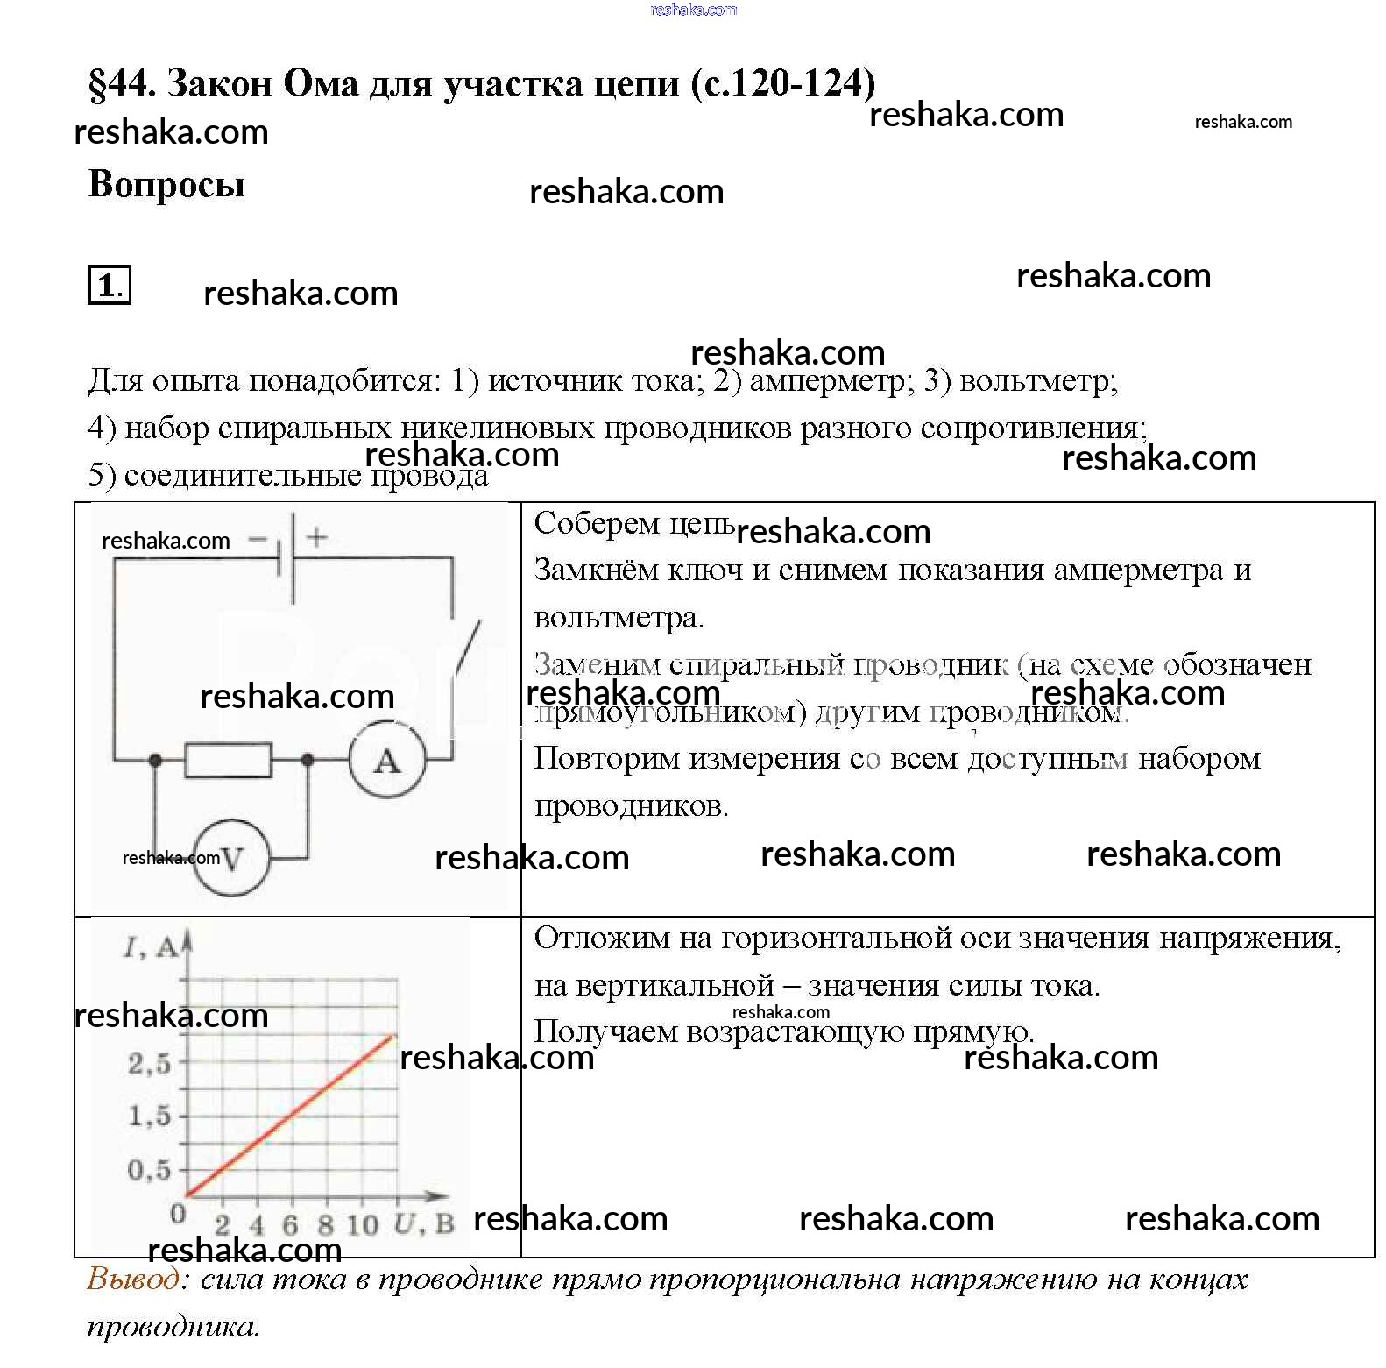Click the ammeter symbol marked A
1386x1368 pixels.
pos(387,760)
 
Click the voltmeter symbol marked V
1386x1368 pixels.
pos(231,857)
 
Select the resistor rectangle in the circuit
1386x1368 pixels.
pos(228,760)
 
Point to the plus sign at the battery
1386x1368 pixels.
pos(317,536)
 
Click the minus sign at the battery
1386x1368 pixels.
pos(258,538)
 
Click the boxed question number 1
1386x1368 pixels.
pos(110,285)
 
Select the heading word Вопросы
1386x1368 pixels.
pos(166,184)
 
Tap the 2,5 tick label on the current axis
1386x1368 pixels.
pos(149,1064)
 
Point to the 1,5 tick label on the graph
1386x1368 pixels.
pos(149,1116)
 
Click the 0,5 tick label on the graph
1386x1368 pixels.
pos(149,1169)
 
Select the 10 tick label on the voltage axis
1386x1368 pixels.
pos(361,1224)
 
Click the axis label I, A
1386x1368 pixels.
pos(151,947)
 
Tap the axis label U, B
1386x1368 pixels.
pos(423,1223)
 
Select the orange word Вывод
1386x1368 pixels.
pos(133,1279)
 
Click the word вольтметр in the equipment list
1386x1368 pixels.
pos(1037,380)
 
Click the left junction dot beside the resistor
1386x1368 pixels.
pos(155,760)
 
